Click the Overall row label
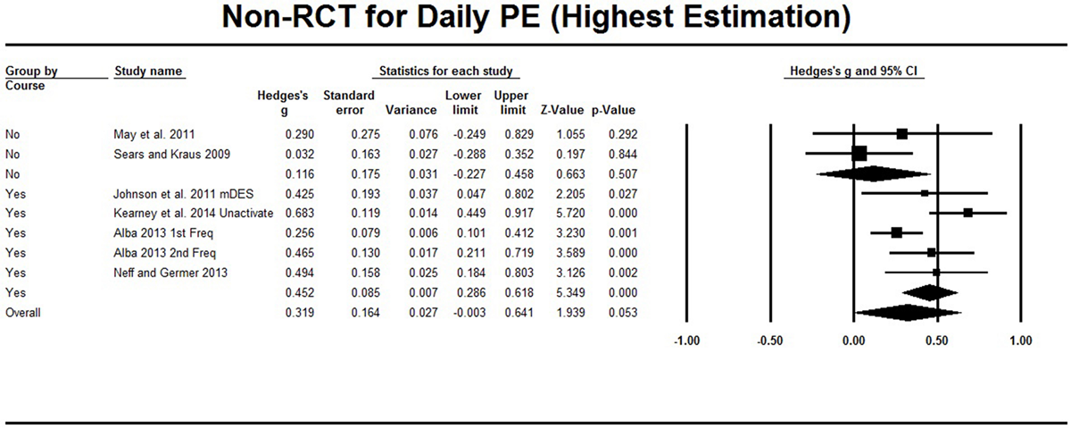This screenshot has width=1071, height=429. [x=26, y=313]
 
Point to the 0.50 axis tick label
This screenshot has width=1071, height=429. [x=937, y=341]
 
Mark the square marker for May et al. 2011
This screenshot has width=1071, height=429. [x=902, y=133]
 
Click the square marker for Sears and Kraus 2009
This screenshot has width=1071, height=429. [x=859, y=153]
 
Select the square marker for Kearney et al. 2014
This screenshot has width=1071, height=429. [x=967, y=213]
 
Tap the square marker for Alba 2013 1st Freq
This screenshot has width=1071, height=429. [x=897, y=232]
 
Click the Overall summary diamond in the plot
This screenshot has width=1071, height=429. [x=907, y=313]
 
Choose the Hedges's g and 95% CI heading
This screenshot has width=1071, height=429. [x=853, y=71]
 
